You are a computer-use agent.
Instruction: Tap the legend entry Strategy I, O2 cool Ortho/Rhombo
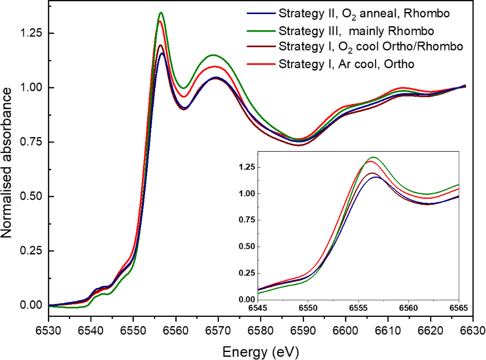[370, 47]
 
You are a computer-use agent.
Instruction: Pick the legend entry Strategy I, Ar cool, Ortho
[346, 64]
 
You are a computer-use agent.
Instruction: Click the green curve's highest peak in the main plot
[161, 13]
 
